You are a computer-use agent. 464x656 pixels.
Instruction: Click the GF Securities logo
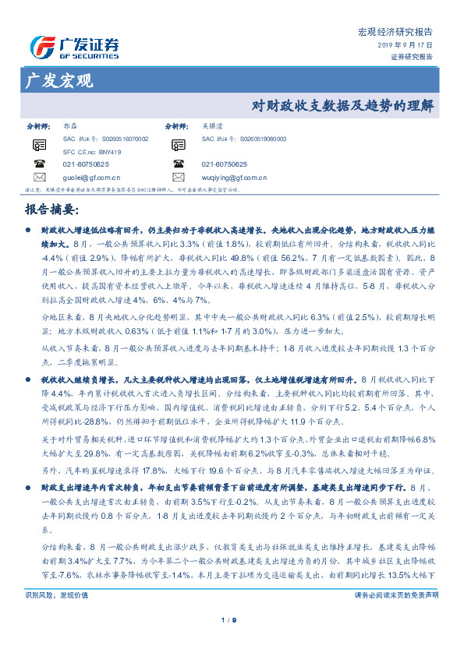tap(74, 48)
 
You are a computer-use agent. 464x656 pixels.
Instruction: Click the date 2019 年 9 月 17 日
tap(410, 46)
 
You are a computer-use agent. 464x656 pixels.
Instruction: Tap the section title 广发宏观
tap(58, 80)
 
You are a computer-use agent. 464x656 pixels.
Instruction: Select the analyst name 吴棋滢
tap(212, 125)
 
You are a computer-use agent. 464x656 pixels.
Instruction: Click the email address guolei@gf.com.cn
tap(91, 177)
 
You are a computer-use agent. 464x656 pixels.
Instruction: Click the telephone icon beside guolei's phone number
tap(40, 164)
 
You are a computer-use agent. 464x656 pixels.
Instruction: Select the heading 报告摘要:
tap(51, 210)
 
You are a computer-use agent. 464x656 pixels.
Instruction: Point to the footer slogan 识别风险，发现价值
tap(51, 594)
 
